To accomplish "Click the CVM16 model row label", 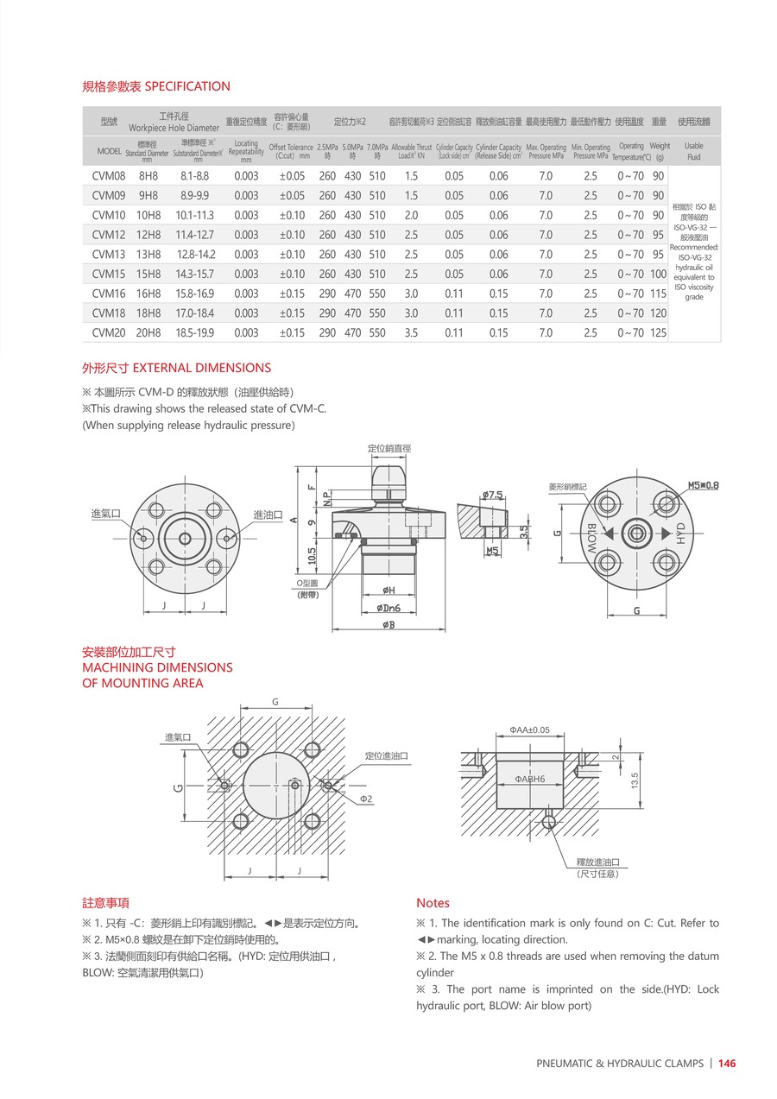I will tap(108, 294).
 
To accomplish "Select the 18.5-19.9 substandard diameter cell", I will tap(194, 332).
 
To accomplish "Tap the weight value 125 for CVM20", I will tap(659, 332).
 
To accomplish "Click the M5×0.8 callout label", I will tap(703, 485).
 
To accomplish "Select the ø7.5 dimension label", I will tap(492, 495).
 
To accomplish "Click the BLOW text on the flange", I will tap(593, 538).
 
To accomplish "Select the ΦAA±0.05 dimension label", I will tap(529, 730).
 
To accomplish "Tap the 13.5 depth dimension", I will tap(635, 780).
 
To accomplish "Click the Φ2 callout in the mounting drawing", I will tap(366, 799).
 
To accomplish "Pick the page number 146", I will tap(727, 1064).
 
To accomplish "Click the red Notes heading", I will tap(433, 903).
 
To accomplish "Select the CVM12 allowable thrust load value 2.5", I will tap(411, 235).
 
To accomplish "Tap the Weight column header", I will tap(660, 146).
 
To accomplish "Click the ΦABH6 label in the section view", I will tap(529, 779).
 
